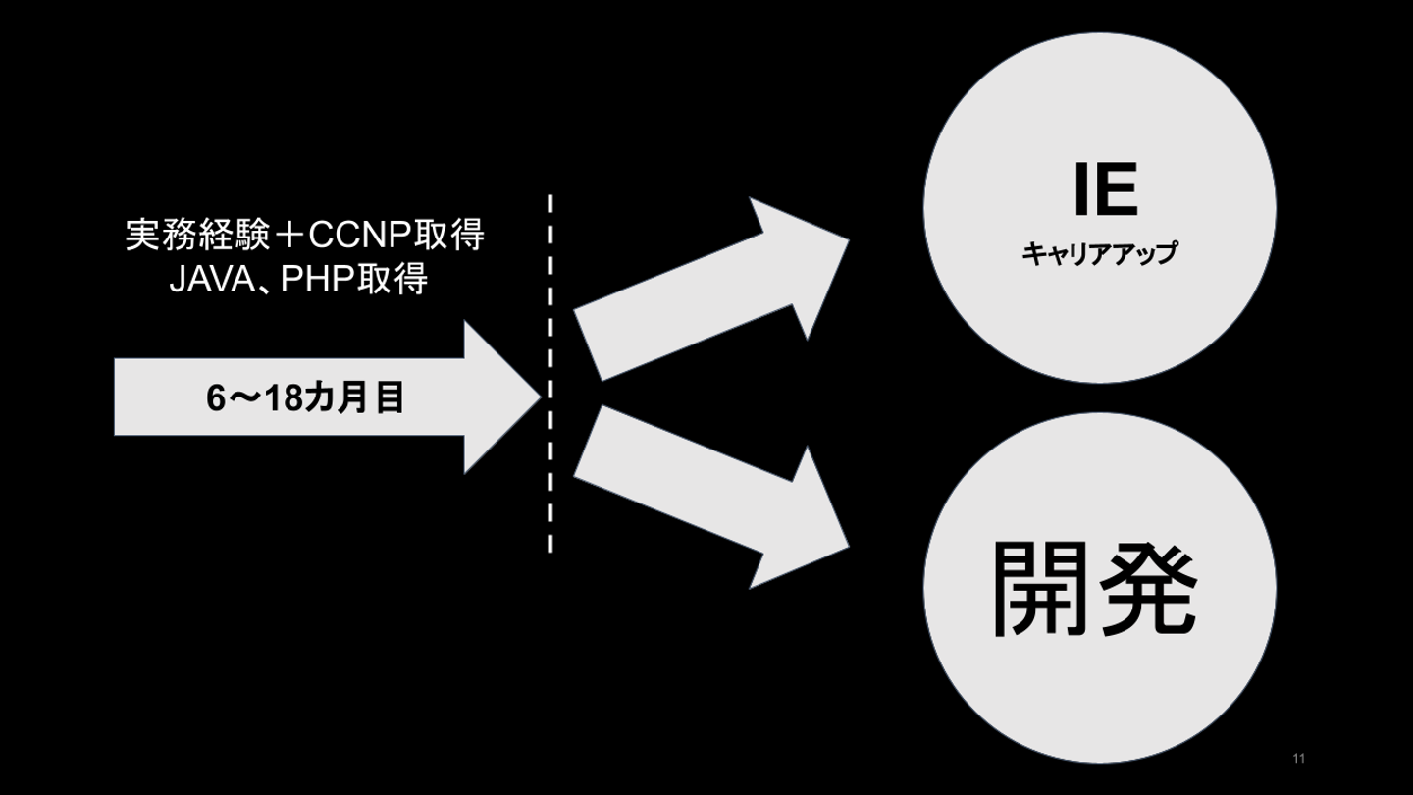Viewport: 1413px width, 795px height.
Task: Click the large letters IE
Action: [x=1105, y=190]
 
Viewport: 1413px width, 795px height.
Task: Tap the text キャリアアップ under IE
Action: [x=1099, y=254]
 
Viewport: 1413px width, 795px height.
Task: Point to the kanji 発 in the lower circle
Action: [x=1149, y=588]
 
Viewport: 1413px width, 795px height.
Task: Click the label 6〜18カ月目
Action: [x=305, y=398]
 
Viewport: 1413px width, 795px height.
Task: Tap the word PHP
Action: [x=317, y=280]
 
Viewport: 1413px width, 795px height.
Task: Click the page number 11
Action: [x=1299, y=759]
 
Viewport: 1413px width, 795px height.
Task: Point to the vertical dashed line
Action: [x=549, y=373]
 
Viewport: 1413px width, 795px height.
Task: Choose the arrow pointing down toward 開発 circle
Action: [x=706, y=496]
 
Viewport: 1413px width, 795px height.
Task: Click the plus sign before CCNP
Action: [x=288, y=236]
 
